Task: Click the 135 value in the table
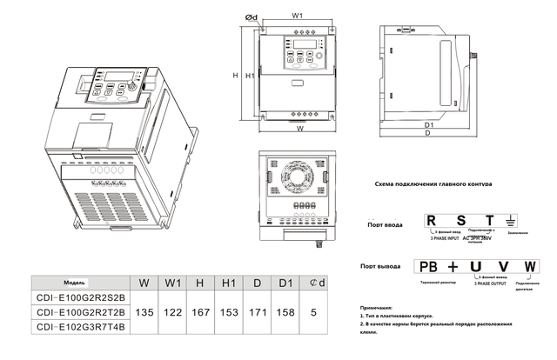[x=147, y=311]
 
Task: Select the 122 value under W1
[x=174, y=311]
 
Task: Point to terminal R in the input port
[x=431, y=221]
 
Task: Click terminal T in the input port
[x=490, y=221]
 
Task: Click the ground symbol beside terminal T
[x=513, y=222]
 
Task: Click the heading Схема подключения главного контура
[x=433, y=184]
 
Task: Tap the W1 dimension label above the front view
[x=297, y=17]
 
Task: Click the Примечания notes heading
[x=381, y=308]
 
